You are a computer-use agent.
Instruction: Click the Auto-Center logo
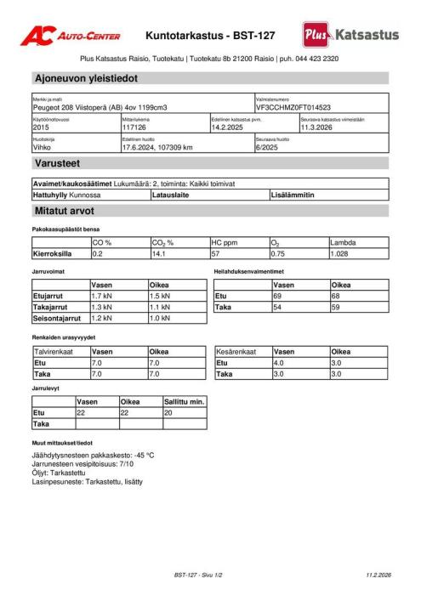click(x=70, y=35)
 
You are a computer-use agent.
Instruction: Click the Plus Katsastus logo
click(x=350, y=35)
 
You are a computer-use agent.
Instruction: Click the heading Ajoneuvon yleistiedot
click(x=85, y=79)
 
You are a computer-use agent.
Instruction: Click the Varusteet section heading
click(x=58, y=163)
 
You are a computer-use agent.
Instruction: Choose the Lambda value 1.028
click(x=340, y=253)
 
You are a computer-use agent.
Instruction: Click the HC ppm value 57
click(x=217, y=253)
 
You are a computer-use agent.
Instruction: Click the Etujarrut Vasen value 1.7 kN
click(x=102, y=296)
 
